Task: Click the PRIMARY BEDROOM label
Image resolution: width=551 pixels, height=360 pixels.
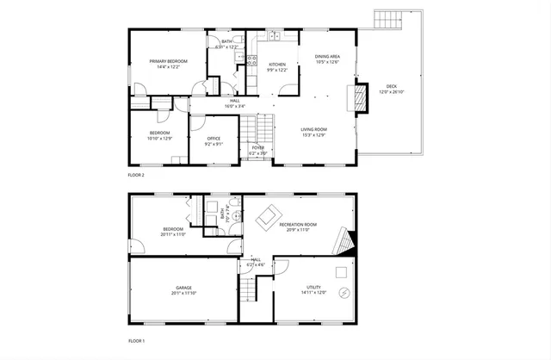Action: point(168,61)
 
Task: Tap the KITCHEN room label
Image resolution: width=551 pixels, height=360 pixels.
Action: point(277,65)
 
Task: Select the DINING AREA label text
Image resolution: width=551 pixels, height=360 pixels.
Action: point(327,56)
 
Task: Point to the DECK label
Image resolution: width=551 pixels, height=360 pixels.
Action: point(391,86)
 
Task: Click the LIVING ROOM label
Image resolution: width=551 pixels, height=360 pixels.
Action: point(288,129)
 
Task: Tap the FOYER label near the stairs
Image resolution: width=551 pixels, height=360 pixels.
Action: point(257,147)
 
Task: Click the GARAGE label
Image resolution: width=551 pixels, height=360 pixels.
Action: point(184,288)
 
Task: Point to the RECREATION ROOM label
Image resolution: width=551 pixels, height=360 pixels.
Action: point(299,224)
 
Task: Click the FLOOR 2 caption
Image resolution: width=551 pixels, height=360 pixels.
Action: point(136,175)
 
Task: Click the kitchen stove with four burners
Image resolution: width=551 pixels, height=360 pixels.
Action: point(251,60)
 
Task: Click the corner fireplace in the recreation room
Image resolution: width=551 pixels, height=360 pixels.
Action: point(345,243)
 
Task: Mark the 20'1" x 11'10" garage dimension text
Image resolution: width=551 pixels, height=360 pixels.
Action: point(184,294)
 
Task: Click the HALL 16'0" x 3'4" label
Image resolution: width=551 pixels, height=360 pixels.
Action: point(234,103)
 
